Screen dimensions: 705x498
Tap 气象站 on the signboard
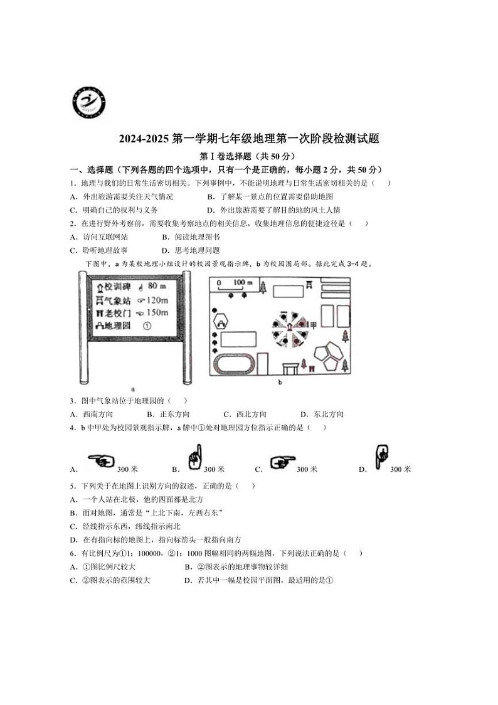(117, 299)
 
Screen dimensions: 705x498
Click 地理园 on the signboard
(117, 326)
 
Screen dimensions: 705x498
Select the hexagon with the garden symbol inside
(222, 322)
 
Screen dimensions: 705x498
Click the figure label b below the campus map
(280, 381)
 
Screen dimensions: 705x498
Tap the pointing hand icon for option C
(282, 464)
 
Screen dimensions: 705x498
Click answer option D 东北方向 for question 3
(322, 414)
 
